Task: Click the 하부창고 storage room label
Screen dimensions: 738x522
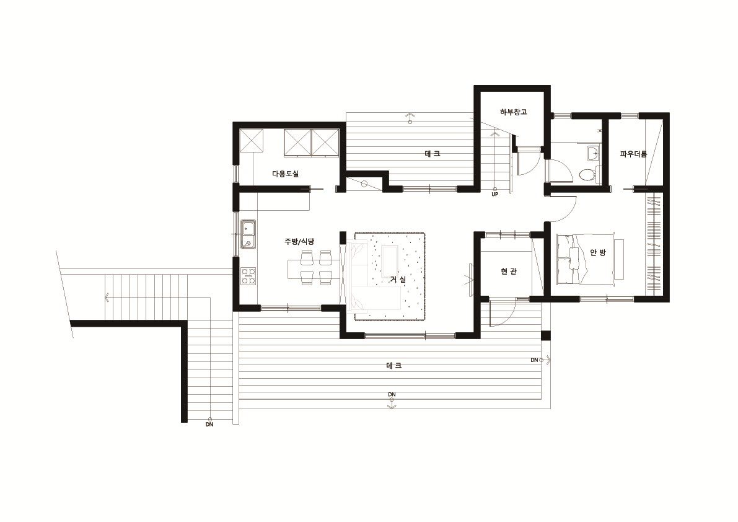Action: (x=513, y=112)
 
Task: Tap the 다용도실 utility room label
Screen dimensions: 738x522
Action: (x=285, y=174)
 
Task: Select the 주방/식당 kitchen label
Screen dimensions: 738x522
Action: (x=299, y=241)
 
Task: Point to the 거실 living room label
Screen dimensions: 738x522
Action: (x=398, y=279)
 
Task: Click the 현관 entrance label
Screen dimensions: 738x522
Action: (x=509, y=272)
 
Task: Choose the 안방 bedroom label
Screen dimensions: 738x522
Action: (x=598, y=253)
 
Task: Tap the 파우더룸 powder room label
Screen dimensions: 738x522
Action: (x=633, y=154)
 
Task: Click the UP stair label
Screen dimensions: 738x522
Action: (x=494, y=194)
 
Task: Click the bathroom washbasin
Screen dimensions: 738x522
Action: (x=593, y=153)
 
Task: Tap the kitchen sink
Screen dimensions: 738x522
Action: (x=248, y=234)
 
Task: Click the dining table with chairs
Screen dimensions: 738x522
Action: (x=313, y=268)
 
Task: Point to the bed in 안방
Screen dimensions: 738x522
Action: (x=586, y=258)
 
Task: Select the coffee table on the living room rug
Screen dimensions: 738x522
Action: (x=390, y=261)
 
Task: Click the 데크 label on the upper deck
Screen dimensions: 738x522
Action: (x=432, y=154)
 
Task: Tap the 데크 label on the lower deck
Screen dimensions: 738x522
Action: (x=394, y=365)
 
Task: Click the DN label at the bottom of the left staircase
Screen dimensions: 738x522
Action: (x=209, y=424)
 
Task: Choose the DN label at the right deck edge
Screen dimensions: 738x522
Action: (x=534, y=360)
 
